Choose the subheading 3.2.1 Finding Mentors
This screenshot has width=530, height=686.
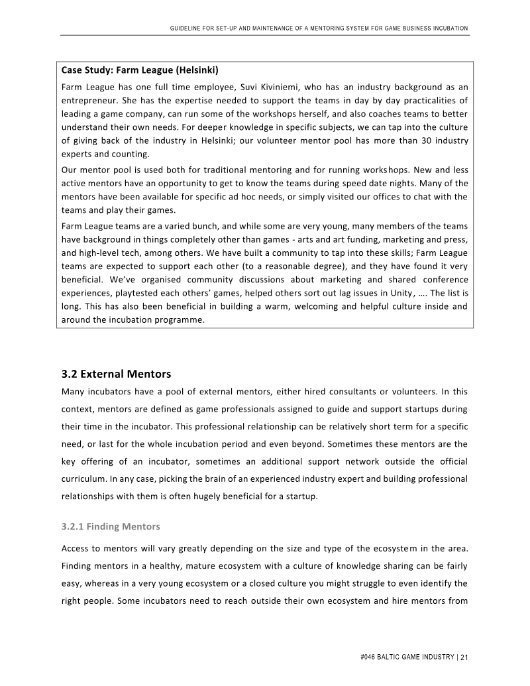pos(111,527)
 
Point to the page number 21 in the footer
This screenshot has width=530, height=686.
pos(464,657)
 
